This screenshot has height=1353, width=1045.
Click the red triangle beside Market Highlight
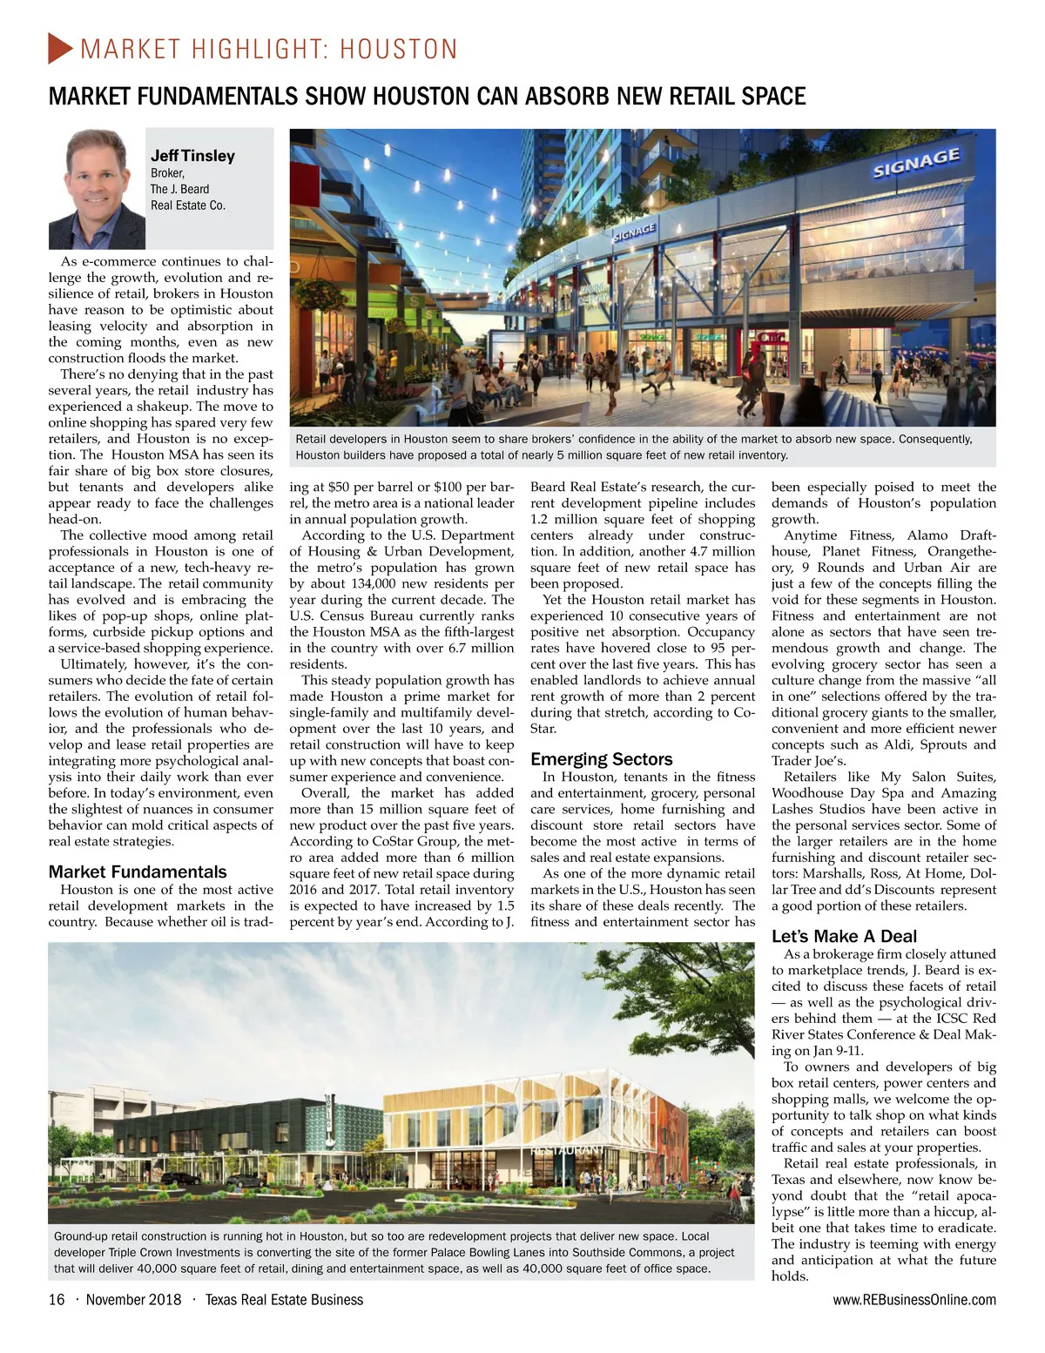click(60, 48)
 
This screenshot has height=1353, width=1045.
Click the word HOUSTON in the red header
click(398, 50)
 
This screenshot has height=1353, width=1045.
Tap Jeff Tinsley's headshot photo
click(97, 189)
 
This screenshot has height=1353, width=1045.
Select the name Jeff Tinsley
click(192, 156)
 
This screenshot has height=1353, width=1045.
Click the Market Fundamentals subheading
click(138, 872)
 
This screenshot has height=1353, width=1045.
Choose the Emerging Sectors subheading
click(601, 759)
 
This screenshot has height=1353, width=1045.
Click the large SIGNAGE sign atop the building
click(916, 163)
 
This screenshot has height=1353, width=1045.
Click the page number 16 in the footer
click(57, 1300)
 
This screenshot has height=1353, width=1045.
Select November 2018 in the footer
click(133, 1300)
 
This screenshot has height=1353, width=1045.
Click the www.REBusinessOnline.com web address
click(914, 1300)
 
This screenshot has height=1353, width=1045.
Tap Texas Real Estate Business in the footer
click(284, 1300)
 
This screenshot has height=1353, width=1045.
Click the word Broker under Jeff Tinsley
click(166, 173)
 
